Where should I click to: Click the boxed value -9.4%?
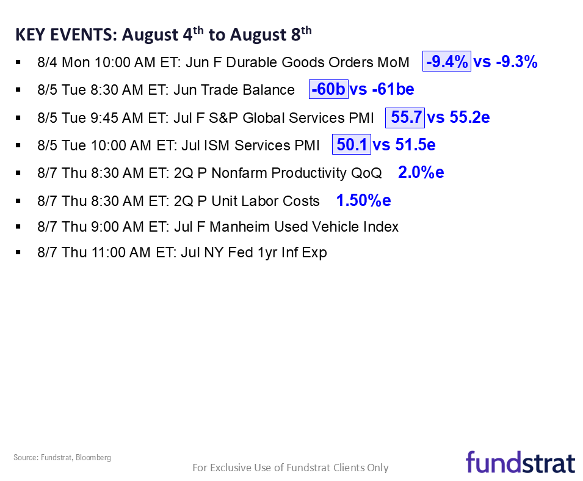pyautogui.click(x=447, y=62)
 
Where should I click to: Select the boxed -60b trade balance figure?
pyautogui.click(x=328, y=89)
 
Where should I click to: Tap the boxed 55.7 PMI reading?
pyautogui.click(x=405, y=117)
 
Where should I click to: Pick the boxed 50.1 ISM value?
pyautogui.click(x=351, y=145)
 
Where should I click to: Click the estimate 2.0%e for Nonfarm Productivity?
pyautogui.click(x=421, y=172)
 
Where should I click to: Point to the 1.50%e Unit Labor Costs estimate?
pyautogui.click(x=363, y=200)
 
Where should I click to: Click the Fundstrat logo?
pyautogui.click(x=520, y=462)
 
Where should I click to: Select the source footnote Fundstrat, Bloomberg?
pyautogui.click(x=62, y=457)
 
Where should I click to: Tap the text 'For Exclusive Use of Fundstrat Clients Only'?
pyautogui.click(x=291, y=468)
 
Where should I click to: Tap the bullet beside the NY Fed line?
pyautogui.click(x=18, y=252)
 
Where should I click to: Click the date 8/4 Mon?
pyautogui.click(x=60, y=62)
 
